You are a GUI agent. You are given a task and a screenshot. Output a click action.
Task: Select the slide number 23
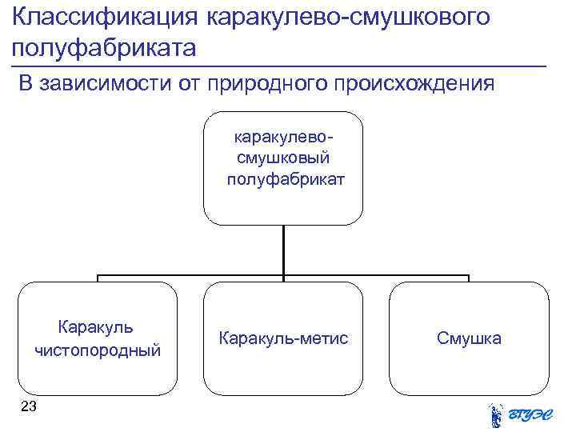pos(28,408)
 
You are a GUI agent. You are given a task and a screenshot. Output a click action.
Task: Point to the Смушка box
pos(469,338)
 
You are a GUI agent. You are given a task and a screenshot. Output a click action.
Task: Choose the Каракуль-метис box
pos(283,338)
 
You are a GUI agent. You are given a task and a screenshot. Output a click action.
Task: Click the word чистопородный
pos(98,350)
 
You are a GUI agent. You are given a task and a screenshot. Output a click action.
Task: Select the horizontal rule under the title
pos(280,65)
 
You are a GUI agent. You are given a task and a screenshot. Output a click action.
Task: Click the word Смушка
pos(469,338)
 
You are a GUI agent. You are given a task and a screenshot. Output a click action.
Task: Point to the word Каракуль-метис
pos(283,338)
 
